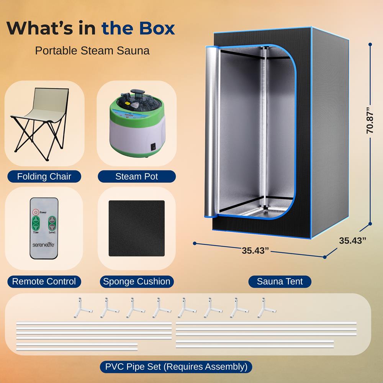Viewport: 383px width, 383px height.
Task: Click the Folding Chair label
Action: coord(44,176)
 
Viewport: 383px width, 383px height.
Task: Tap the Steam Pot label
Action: coord(137,176)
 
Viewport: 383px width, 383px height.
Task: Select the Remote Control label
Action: coord(44,282)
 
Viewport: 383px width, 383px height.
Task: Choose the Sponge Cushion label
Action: coord(137,282)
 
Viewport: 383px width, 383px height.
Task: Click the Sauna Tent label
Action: coord(280,282)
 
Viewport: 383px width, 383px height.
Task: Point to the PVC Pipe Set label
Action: coord(176,367)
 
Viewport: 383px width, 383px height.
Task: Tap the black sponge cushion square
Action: coord(137,228)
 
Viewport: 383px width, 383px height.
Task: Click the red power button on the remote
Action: coord(36,212)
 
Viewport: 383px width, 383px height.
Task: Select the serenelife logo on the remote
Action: coord(44,245)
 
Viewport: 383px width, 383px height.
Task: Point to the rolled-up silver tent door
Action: coord(211,132)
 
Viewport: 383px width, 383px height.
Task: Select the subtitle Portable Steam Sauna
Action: coord(92,51)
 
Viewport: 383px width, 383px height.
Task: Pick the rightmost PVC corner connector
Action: coord(267,308)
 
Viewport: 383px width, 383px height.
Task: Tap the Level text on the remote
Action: coord(52,232)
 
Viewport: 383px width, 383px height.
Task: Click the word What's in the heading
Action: coord(39,28)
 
